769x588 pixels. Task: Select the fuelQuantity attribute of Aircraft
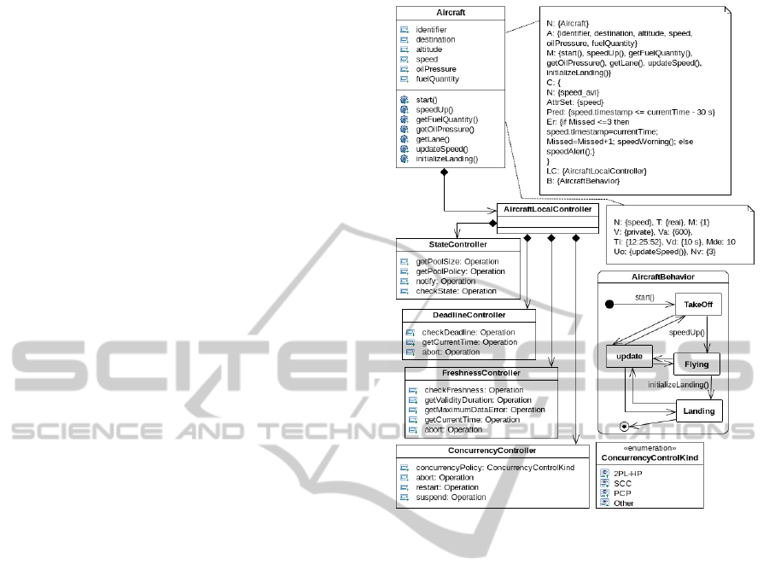pos(437,79)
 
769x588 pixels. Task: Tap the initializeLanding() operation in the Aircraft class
pos(446,159)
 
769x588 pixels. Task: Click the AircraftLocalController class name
pos(546,209)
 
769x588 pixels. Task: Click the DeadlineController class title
pos(469,316)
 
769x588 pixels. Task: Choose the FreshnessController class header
pos(481,373)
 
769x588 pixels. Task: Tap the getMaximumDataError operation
pos(484,410)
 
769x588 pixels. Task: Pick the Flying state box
pos(696,364)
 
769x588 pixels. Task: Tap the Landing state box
pos(699,412)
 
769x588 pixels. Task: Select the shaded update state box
pos(631,355)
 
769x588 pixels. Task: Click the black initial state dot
pos(609,305)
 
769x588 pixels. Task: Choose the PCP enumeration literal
pos(622,493)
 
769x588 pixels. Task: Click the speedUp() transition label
pos(687,332)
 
